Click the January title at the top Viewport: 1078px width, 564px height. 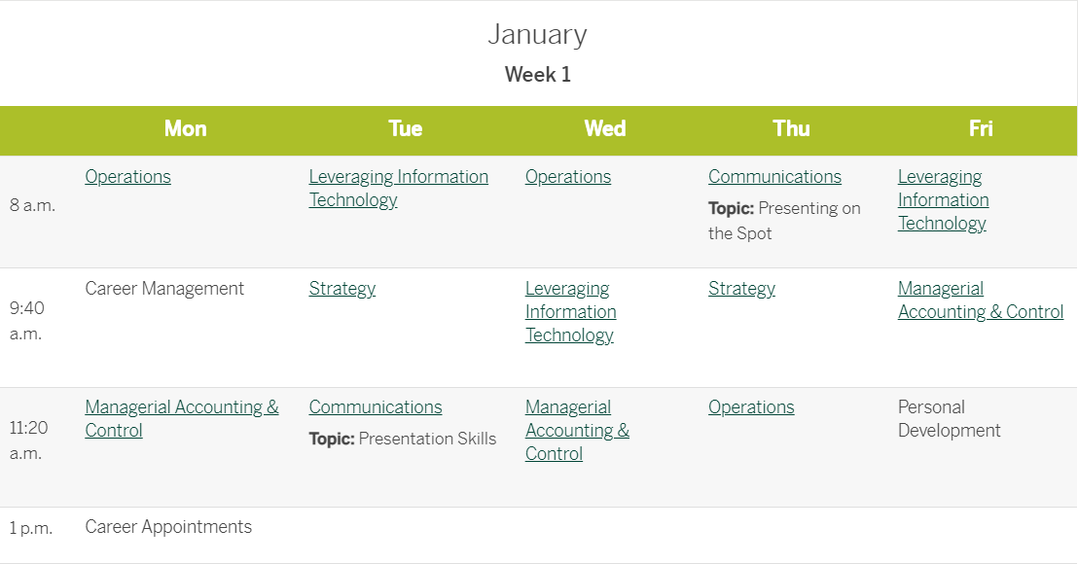[x=538, y=34]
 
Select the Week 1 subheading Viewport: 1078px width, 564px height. [x=538, y=74]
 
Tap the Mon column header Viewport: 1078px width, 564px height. [x=185, y=128]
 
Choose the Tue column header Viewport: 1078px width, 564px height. [x=405, y=128]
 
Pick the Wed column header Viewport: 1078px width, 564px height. [x=605, y=128]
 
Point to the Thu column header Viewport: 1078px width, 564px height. [x=791, y=128]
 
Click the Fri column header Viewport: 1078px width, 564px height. [x=981, y=128]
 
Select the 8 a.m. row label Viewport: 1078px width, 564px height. [x=32, y=205]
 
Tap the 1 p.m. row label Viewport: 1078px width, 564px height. [x=31, y=528]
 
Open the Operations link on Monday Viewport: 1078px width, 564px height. [x=127, y=177]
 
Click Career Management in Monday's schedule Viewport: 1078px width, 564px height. [x=164, y=289]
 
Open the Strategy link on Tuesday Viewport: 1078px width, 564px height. [x=342, y=289]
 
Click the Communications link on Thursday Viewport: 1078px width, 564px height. [x=774, y=177]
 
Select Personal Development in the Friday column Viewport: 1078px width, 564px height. [x=949, y=418]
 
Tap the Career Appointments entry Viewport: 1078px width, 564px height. [x=168, y=527]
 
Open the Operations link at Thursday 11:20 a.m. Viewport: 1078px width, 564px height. [x=751, y=407]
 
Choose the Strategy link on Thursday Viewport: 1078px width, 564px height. [x=741, y=289]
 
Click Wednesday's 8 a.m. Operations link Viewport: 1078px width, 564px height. [x=568, y=177]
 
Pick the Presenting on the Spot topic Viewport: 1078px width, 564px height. [x=784, y=221]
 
